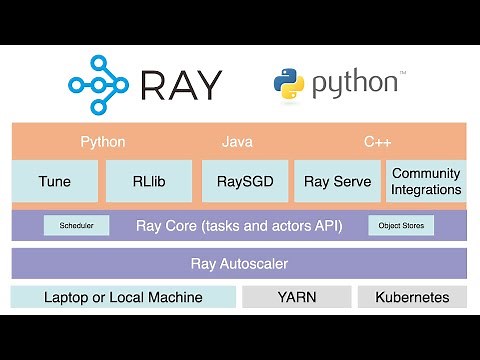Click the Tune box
point(54,181)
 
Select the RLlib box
point(147,181)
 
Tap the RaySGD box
point(245,181)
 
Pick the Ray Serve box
point(337,181)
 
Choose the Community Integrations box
point(427,181)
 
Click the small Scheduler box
point(76,226)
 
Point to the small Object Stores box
point(401,226)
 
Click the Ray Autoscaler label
point(239,264)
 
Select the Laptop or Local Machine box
point(123,297)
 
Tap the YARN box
point(297,297)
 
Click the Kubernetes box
point(412,297)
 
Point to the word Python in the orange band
point(103,142)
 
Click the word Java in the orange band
point(239,142)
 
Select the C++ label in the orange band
point(377,142)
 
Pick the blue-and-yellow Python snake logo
point(289,85)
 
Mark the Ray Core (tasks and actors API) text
point(239,226)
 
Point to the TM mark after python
point(403,73)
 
